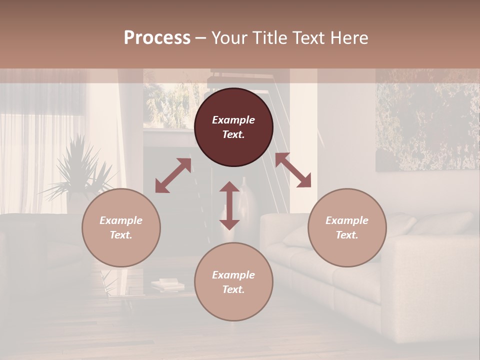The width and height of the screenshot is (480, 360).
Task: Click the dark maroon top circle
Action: pos(233,127)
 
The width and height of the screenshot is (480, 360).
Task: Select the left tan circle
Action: pos(121,227)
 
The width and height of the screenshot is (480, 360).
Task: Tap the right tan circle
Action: pos(347,227)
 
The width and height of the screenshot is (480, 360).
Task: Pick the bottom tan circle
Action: pos(233,282)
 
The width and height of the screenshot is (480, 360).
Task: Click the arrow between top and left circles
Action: pos(173,175)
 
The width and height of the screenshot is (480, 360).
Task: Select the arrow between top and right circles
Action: pos(293,170)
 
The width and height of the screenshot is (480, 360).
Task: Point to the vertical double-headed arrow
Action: pos(229,205)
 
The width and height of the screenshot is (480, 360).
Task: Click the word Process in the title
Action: pos(157,37)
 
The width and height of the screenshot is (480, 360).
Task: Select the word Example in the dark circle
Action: pos(233,120)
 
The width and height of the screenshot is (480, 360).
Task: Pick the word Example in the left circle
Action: pos(121,220)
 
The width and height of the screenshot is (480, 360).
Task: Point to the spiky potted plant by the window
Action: pos(80,170)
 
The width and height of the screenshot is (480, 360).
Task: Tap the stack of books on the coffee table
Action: pos(167,285)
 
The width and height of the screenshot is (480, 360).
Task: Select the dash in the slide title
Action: pos(200,37)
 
